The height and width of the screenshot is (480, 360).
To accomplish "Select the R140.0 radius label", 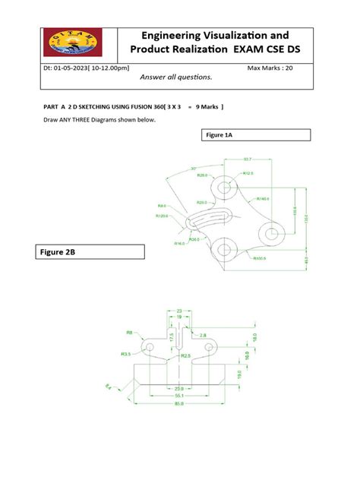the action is [264, 199].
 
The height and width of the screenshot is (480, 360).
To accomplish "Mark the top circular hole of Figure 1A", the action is [226, 187].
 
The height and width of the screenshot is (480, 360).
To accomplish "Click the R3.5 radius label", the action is [126, 354].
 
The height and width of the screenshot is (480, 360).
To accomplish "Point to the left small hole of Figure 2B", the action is [150, 346].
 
